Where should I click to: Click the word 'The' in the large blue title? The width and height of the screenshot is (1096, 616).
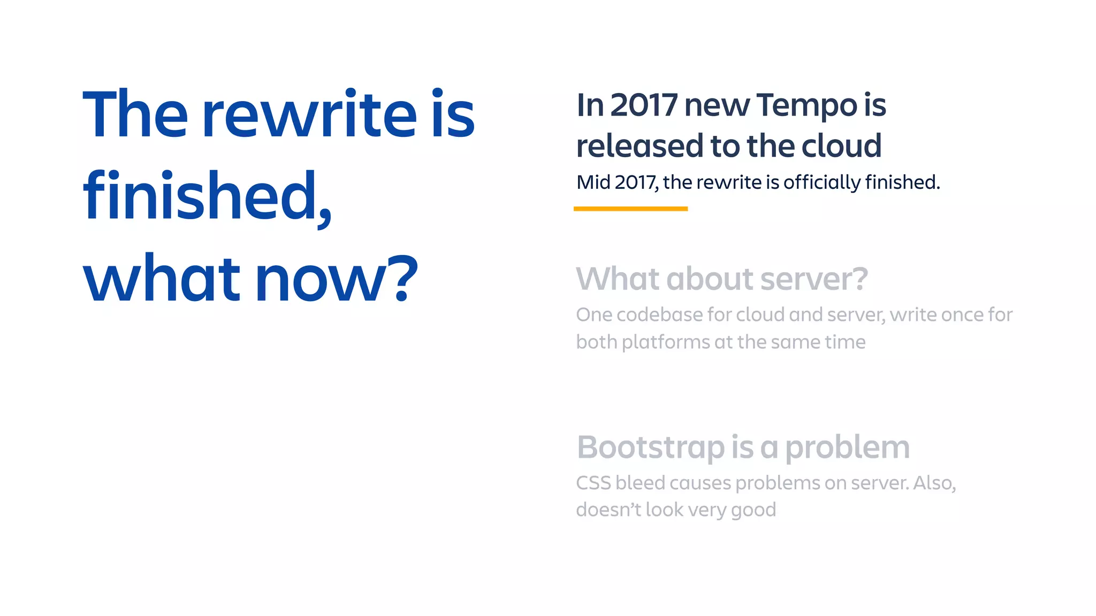(x=135, y=114)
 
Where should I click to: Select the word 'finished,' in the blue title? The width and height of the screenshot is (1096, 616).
(x=208, y=197)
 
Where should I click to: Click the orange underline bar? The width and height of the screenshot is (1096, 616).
(x=630, y=209)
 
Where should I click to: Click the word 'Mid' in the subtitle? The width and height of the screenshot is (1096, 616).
(x=593, y=182)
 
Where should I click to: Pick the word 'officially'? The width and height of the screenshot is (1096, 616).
(x=821, y=182)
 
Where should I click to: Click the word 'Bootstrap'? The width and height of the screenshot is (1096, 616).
(x=651, y=448)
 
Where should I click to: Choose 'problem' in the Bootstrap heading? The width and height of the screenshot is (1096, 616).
(x=847, y=448)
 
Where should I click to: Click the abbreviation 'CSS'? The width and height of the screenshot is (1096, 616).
(x=593, y=483)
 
